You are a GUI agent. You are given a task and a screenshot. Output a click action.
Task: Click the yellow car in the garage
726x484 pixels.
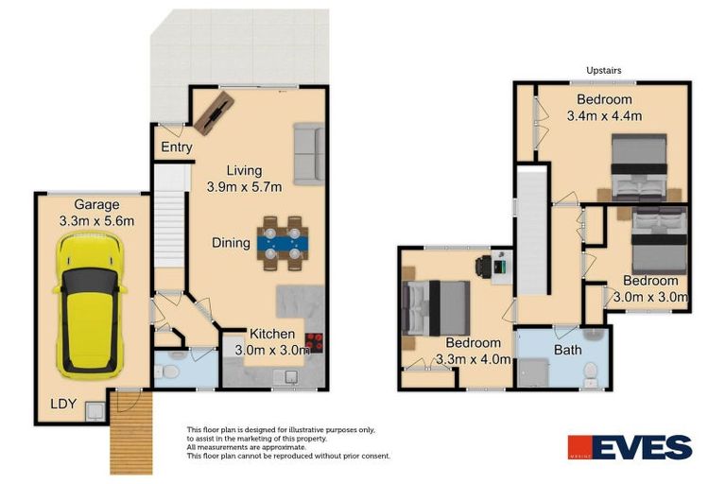[91, 302]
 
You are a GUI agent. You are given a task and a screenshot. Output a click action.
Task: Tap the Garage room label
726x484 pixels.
[97, 204]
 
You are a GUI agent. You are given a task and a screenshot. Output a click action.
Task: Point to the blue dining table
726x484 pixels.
[281, 243]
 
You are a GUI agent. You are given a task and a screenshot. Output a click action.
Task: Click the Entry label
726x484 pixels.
[177, 147]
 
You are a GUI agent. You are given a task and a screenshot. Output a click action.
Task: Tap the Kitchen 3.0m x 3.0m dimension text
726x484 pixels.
[273, 350]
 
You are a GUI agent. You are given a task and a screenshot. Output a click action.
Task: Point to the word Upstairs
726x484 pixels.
[604, 70]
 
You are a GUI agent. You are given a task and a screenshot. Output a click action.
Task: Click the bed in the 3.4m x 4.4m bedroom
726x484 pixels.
[640, 168]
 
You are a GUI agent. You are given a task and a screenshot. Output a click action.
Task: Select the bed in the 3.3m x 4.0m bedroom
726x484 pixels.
[437, 307]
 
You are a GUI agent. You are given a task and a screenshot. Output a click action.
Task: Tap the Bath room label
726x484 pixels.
[568, 350]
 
